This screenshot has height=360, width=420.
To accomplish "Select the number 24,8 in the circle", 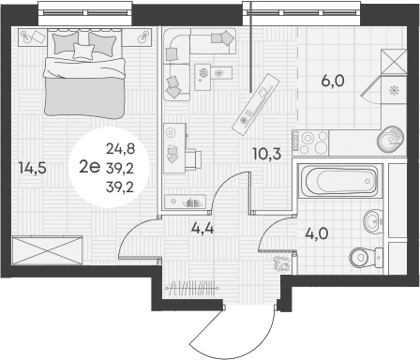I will point(119,148).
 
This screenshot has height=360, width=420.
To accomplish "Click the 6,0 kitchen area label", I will point(334,81).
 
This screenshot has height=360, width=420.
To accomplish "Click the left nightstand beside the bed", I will point(31,37).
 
